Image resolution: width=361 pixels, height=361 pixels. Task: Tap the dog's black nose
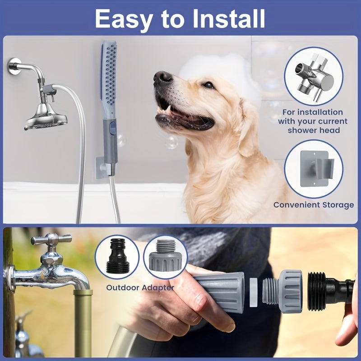pyautogui.click(x=162, y=77)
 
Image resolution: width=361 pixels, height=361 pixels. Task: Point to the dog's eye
pyautogui.click(x=208, y=84)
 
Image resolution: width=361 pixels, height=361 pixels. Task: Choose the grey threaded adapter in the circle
pyautogui.click(x=165, y=257)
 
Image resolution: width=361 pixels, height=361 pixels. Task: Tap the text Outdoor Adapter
pyautogui.click(x=140, y=287)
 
